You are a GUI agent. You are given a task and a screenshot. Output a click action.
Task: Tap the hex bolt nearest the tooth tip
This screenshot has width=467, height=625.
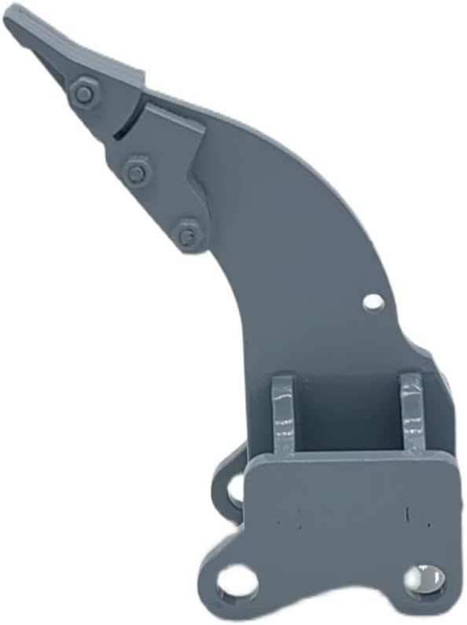tap(84, 95)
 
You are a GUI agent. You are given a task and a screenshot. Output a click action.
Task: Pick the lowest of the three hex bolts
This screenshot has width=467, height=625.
tap(187, 233)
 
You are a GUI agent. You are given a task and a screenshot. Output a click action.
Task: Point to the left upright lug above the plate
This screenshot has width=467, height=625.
tap(283, 414)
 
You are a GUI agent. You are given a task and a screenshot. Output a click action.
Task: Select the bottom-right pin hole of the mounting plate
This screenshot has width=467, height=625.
tap(424, 580)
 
